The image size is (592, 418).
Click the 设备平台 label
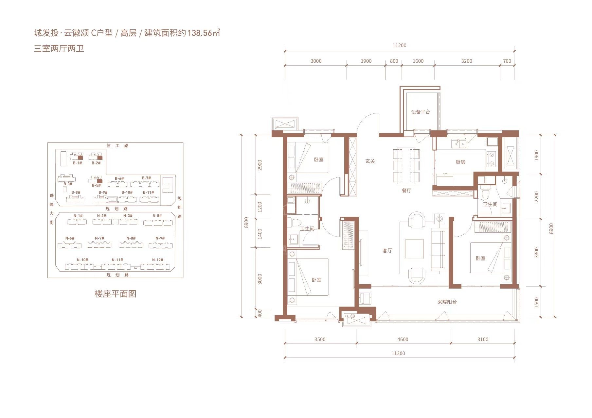tap(421, 112)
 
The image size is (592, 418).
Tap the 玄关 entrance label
tap(370, 161)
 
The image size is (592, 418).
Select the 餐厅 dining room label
tap(406, 191)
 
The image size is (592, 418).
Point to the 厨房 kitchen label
tap(460, 162)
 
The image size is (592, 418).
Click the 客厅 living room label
tap(387, 251)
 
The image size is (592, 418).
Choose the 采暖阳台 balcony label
tap(447, 302)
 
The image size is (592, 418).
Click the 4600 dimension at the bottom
tap(403, 340)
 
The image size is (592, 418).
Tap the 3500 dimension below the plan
tap(320, 340)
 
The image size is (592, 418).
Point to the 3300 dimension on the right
tap(536, 253)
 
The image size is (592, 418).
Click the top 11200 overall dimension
tap(399, 45)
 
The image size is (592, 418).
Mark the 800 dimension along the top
tap(394, 61)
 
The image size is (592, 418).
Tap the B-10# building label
tap(127, 192)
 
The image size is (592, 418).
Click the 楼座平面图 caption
tap(115, 294)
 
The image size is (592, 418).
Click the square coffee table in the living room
tap(414, 249)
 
